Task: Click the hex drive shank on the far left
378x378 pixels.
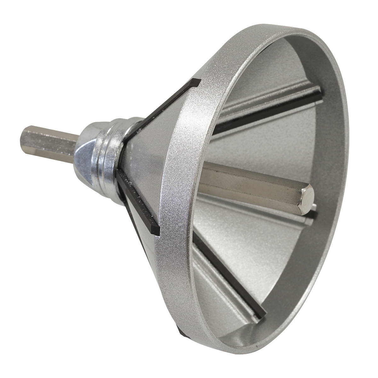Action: (47, 145)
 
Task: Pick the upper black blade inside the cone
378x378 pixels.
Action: (268, 110)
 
